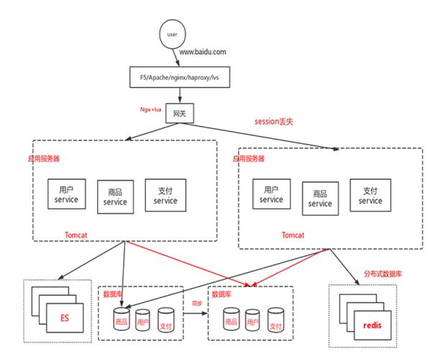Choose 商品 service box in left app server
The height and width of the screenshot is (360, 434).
pos(115,197)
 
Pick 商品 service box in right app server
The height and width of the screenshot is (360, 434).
pos(320,198)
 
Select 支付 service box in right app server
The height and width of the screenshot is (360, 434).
pos(370,195)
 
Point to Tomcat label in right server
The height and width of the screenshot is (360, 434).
pos(293,235)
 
